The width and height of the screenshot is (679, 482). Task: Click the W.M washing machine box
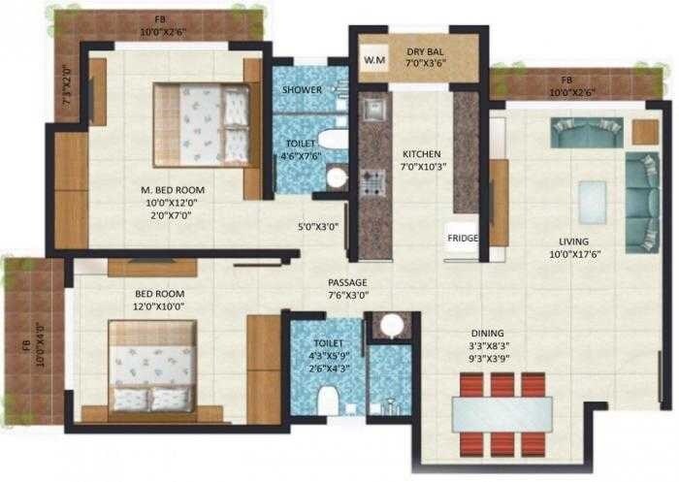click(372, 60)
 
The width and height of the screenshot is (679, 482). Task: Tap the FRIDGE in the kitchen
click(461, 238)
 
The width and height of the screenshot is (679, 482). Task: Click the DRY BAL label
click(426, 53)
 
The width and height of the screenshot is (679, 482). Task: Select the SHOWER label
click(302, 89)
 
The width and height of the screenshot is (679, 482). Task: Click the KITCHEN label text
click(422, 154)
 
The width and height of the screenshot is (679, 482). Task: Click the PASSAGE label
click(347, 281)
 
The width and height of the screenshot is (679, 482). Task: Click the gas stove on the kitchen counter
click(372, 181)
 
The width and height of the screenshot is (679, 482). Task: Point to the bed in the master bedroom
click(202, 125)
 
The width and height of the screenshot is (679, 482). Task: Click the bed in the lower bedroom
click(152, 366)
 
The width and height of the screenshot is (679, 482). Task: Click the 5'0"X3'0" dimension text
click(316, 227)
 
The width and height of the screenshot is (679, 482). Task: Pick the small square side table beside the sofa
click(645, 131)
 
